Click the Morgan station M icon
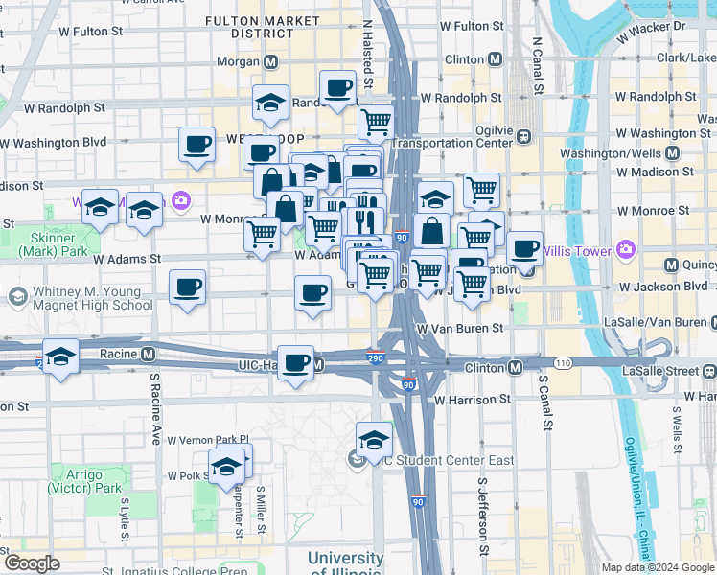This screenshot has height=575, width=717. (271, 62)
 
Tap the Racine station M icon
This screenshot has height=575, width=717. (148, 354)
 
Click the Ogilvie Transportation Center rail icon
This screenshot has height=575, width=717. (523, 137)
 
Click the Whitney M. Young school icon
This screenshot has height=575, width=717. (16, 297)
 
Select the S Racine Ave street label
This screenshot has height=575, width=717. (154, 409)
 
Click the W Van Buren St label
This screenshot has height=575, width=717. (459, 328)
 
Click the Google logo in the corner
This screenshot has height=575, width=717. (32, 563)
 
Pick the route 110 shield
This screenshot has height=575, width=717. (562, 363)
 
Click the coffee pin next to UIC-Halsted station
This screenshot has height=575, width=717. (297, 363)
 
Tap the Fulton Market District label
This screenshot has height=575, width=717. (263, 26)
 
